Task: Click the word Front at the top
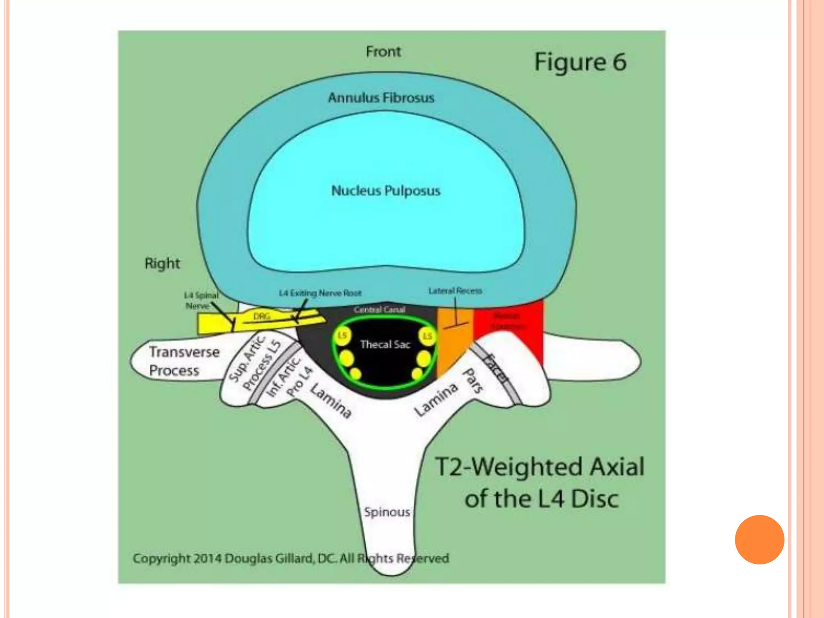tap(383, 51)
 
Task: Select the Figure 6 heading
tap(580, 62)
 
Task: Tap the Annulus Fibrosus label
tap(381, 98)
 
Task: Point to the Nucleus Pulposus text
tap(385, 191)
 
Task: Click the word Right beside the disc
tap(162, 264)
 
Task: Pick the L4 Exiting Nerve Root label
tap(320, 293)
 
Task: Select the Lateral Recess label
tap(455, 290)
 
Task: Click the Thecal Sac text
tap(385, 344)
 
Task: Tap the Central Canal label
tap(379, 309)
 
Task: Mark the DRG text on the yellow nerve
tap(262, 317)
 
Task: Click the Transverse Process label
tap(184, 361)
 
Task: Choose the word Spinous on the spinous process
tap(387, 512)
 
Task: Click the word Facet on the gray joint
tap(496, 368)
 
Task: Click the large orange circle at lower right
tap(759, 540)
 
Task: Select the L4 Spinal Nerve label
tap(201, 301)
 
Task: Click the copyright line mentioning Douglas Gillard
tap(290, 558)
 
